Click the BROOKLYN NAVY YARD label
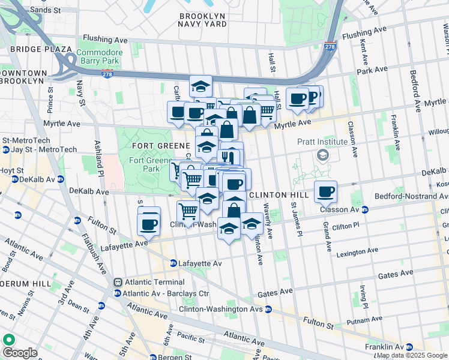pos(202,19)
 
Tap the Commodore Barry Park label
pos(101,56)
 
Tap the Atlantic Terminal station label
pos(154,281)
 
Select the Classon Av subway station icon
pos(365,210)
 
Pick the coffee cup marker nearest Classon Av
pos(326,192)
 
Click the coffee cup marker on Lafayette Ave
pos(148,224)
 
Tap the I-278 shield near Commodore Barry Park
pos(107,74)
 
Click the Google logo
pos(20,352)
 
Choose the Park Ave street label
pos(372,71)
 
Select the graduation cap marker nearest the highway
pos(200,86)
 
